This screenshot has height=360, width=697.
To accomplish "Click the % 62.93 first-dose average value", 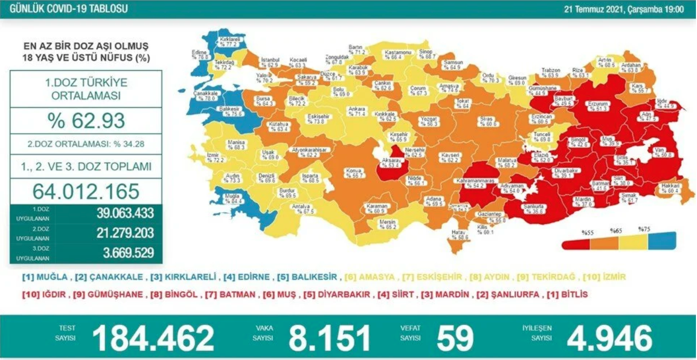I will (86, 121).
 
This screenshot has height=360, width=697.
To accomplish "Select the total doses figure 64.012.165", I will (86, 191).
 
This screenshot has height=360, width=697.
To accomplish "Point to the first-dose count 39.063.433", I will (125, 213).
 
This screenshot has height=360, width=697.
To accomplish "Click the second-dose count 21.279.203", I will (125, 233).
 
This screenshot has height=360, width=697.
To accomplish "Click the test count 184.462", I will (153, 337).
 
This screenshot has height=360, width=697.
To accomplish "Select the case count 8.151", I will (329, 337).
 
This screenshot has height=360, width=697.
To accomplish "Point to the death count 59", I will (455, 337).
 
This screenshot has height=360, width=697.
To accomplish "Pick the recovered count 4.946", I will (609, 337).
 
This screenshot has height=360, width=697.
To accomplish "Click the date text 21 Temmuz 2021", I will (594, 9).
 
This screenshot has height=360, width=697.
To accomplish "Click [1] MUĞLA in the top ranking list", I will (45, 277).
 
